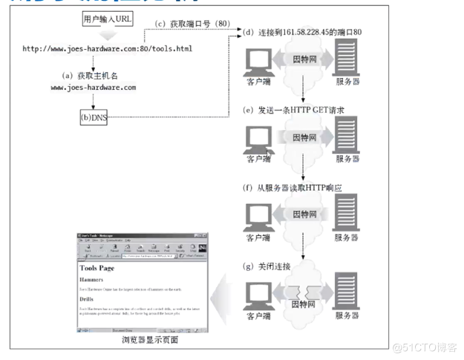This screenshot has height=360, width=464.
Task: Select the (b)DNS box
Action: tap(94, 117)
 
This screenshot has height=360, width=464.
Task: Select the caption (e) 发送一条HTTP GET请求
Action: tap(294, 110)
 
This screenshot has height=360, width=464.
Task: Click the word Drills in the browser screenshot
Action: tap(88, 300)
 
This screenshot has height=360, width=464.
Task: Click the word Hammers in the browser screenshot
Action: tap(93, 279)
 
